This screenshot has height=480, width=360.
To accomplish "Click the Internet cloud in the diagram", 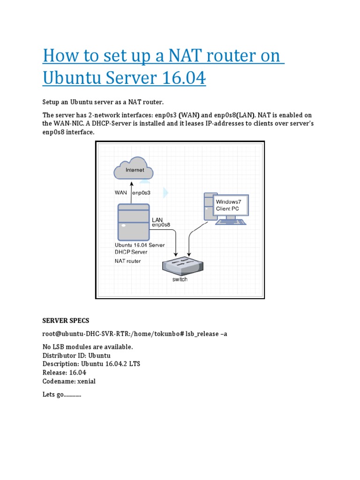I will [x=134, y=170].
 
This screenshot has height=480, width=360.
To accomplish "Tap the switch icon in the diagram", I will [x=180, y=266].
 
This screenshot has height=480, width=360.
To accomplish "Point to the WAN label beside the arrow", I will [x=121, y=192].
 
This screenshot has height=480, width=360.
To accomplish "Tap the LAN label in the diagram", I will [x=157, y=219].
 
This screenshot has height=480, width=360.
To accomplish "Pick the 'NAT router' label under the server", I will [x=127, y=261].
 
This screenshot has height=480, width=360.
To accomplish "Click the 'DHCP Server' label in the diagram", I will [x=131, y=252].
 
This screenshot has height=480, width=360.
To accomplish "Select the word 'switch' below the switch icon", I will [x=180, y=279].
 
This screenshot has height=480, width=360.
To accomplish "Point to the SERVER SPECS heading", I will [x=66, y=321].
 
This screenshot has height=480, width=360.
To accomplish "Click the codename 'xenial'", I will [x=85, y=382].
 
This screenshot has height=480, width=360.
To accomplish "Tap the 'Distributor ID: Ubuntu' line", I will [x=76, y=356].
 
